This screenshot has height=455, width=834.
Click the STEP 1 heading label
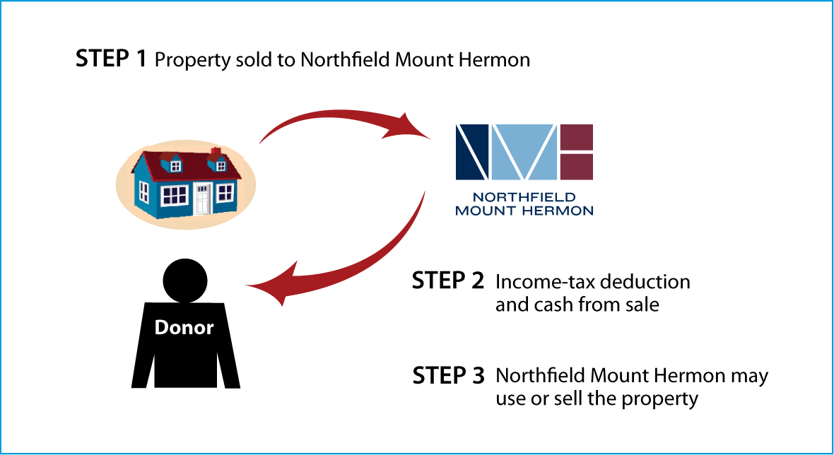coord(111,59)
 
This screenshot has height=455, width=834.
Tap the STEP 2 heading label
coord(448,280)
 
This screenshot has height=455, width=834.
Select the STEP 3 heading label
coord(448,375)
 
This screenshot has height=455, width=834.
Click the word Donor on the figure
coord(184,327)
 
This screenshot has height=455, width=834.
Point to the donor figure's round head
coord(185,280)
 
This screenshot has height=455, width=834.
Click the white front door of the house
coord(203,199)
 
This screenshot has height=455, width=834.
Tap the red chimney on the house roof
coord(216,153)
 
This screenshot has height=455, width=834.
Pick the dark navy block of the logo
coord(472,152)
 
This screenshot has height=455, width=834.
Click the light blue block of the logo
coord(524,152)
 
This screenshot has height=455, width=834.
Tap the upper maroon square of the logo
coord(577,137)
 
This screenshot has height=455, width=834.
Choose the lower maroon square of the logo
coord(577,167)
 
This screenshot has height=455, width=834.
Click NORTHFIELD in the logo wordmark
coord(524,197)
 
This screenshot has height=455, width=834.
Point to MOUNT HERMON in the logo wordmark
coord(524,211)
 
